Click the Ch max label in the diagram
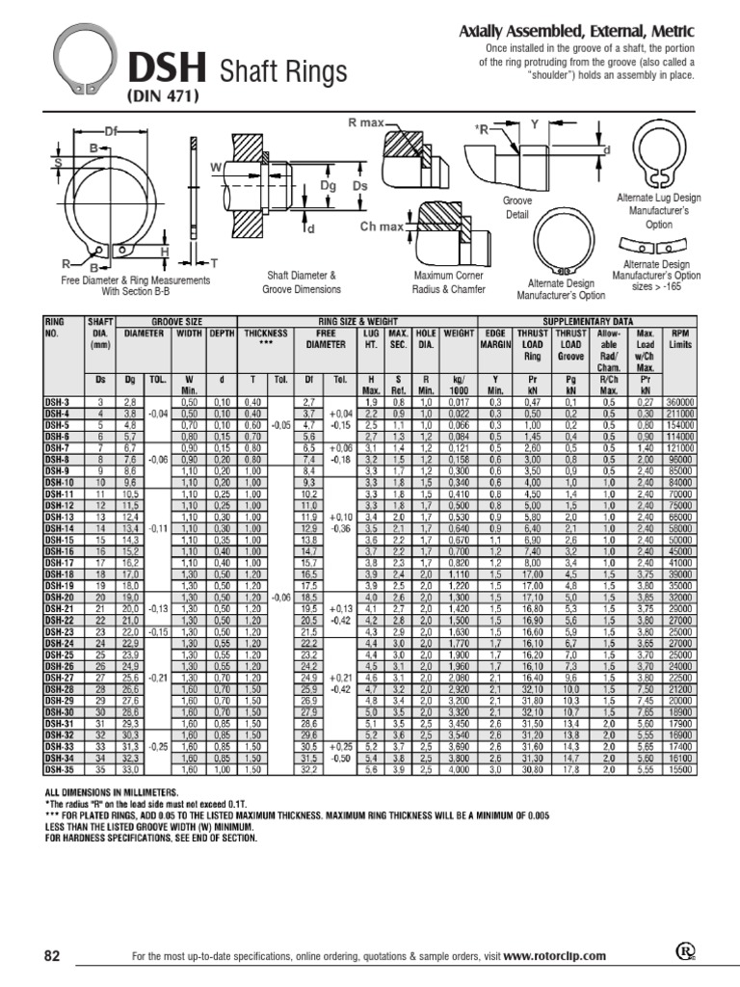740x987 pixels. tap(382, 227)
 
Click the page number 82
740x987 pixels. tap(52, 955)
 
